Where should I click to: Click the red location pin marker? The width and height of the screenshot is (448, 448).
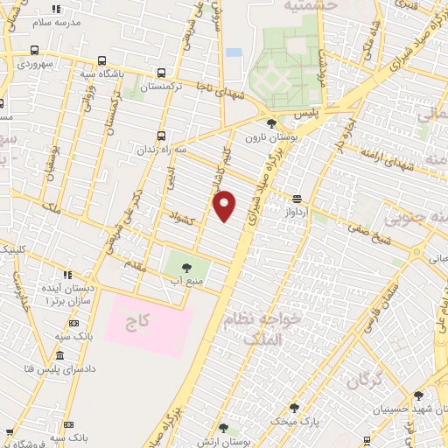coord(225,206)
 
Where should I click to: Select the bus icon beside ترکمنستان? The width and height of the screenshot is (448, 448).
coord(161,74)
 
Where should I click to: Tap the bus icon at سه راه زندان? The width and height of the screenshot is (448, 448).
coord(161,136)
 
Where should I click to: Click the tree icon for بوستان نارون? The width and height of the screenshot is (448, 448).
coord(271,122)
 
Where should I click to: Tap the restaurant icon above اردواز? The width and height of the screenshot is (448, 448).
coord(297,199)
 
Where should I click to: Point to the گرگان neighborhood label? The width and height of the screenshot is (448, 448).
coord(367,381)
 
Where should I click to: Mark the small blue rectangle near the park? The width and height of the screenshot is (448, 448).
coord(234,52)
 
